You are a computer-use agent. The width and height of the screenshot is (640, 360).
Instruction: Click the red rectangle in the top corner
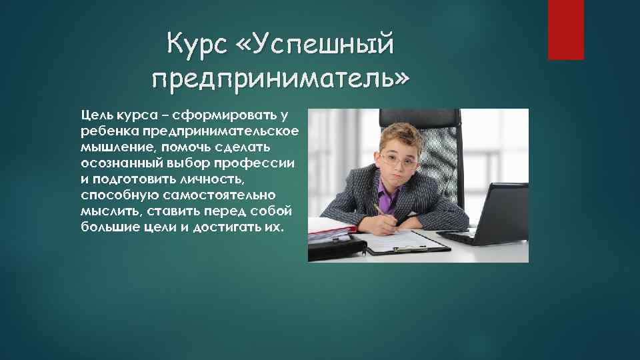click(x=565, y=29)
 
